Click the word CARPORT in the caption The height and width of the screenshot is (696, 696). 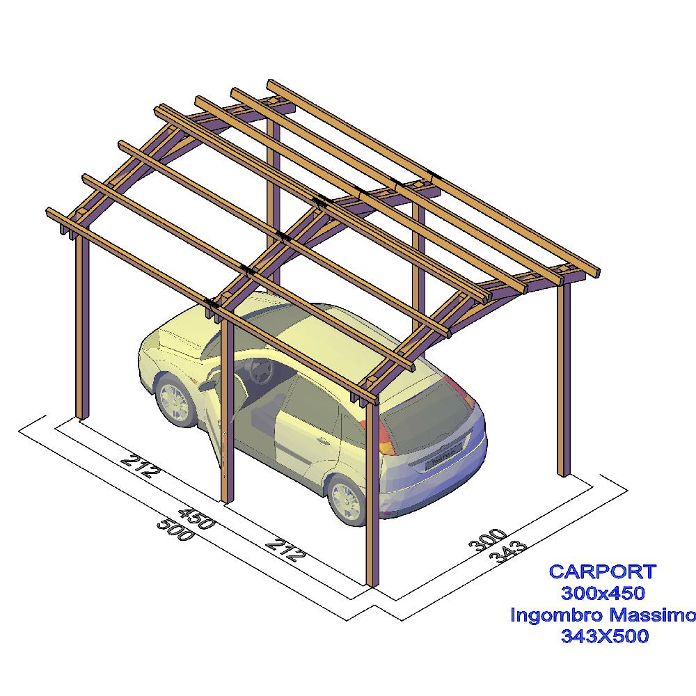602,571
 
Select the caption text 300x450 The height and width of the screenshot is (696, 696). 603,592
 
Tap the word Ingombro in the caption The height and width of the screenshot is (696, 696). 557,616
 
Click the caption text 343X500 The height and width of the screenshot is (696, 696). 605,635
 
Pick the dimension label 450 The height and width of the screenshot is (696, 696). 197,519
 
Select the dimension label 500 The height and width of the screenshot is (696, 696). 176,529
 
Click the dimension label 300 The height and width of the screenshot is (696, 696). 487,540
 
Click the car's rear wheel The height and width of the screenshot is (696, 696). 347,499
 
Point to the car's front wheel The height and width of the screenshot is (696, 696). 174,401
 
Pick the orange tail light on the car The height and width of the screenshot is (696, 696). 386,437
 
